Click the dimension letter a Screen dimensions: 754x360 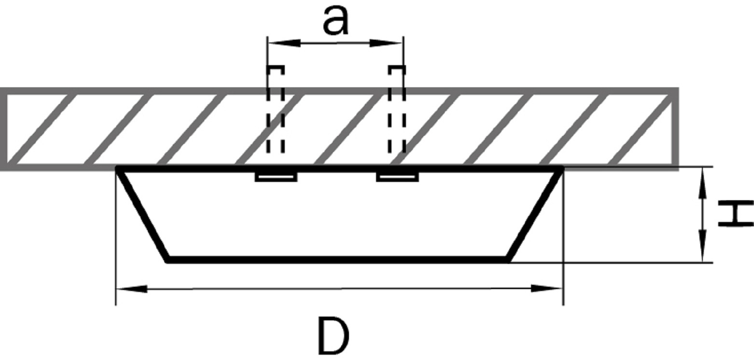coord(335,21)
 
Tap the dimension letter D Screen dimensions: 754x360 coord(334,336)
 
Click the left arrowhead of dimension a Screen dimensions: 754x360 coord(284,43)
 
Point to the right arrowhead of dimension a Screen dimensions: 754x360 coord(386,43)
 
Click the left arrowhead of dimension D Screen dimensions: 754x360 coord(132,289)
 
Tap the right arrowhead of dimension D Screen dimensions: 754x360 coord(546,288)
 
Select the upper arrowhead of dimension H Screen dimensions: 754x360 coord(702,183)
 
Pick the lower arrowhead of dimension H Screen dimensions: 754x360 coord(702,246)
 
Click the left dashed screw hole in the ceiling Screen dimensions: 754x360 coord(276,110)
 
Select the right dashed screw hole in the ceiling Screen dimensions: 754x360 coord(397,110)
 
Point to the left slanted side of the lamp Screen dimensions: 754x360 coord(143,214)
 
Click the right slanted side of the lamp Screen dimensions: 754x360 coord(535,214)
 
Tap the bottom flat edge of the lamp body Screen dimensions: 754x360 coord(337,260)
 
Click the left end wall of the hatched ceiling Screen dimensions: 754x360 coord(3,129)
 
